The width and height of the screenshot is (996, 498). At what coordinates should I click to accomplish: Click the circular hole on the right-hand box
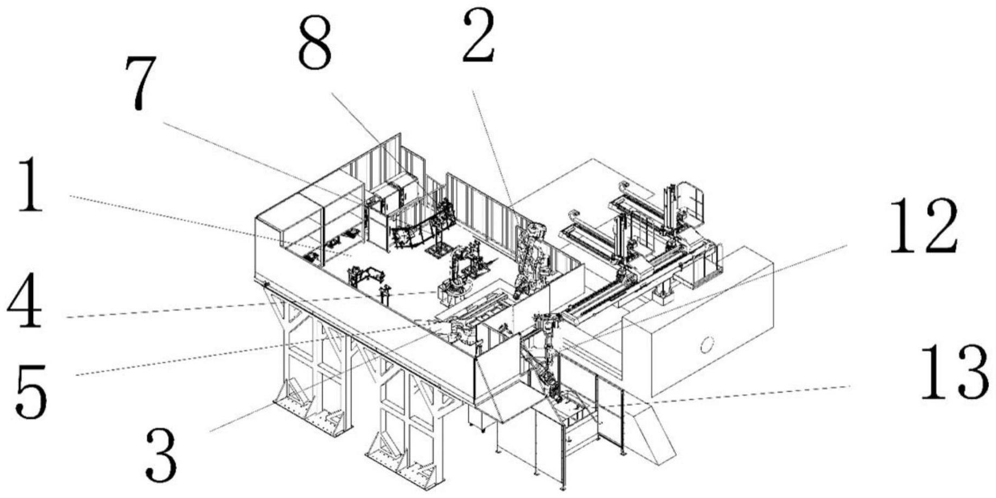[707, 344]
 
